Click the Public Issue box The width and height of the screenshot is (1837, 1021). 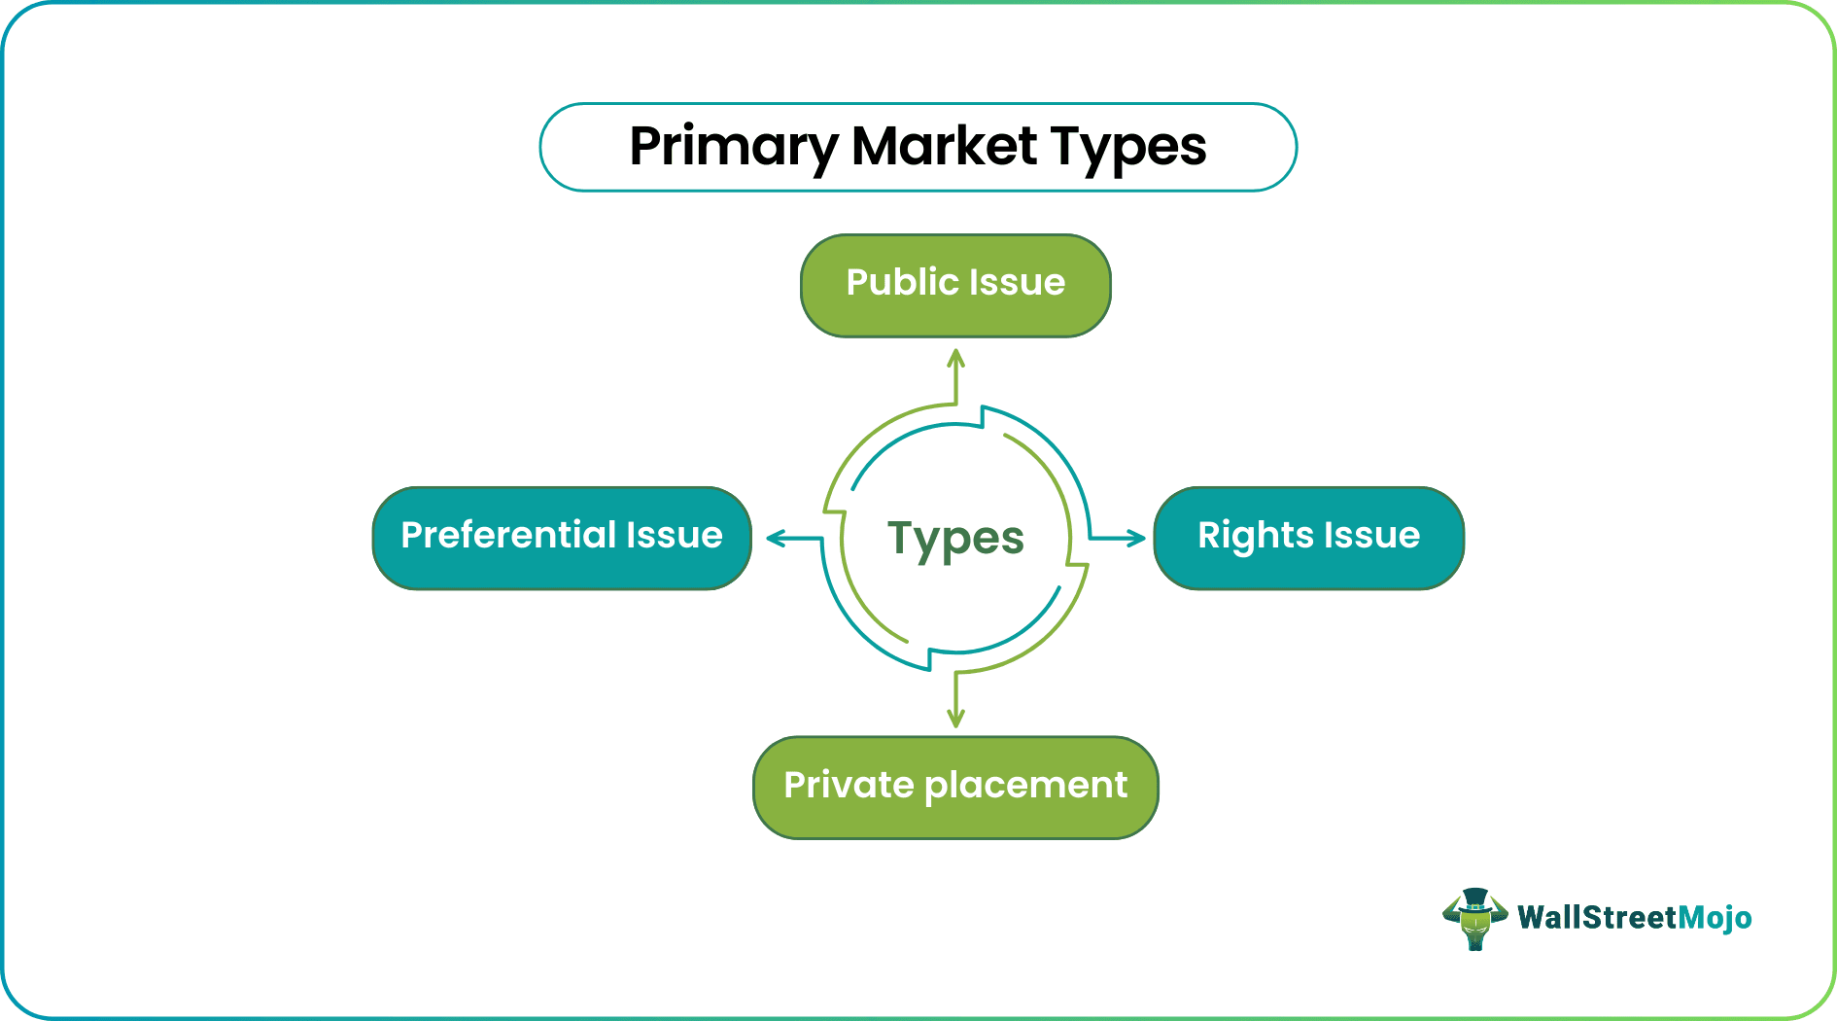point(955,286)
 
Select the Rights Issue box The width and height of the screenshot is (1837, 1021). point(1308,538)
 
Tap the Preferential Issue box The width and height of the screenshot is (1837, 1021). point(562,538)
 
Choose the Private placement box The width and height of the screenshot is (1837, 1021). point(955,788)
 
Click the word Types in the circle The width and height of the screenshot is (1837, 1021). point(955,539)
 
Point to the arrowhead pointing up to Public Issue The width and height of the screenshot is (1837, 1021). point(955,357)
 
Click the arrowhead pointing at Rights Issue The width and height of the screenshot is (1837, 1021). point(1137,538)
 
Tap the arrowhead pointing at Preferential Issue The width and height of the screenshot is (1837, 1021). point(775,538)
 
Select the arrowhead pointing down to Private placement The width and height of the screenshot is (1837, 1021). point(955,720)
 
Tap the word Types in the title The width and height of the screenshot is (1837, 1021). point(1128,148)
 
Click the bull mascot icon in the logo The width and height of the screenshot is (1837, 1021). point(1474,920)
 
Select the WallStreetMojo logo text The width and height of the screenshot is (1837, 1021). point(1634,918)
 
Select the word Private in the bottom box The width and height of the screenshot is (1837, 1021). point(848,785)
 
